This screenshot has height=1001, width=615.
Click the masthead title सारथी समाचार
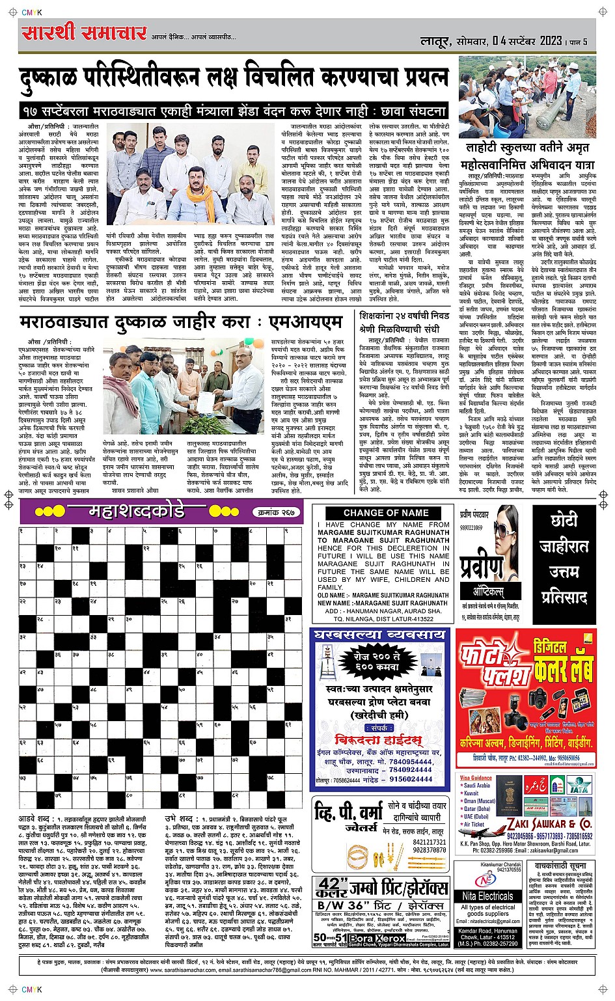(x=84, y=33)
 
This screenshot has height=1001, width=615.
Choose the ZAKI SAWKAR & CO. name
(x=550, y=824)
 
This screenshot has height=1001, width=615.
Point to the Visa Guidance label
(x=476, y=778)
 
